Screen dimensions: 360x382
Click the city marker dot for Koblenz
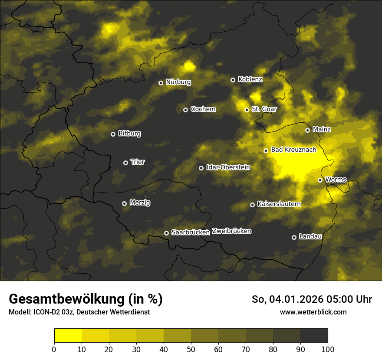233,80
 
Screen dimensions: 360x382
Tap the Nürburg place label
178,82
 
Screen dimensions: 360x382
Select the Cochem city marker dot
185,110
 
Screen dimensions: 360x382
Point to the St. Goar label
264,109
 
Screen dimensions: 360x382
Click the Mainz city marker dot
307,130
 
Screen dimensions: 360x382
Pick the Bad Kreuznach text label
293,150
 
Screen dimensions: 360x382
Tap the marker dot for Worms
320,180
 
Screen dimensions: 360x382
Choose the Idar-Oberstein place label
228,167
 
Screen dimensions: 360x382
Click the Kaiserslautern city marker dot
252,205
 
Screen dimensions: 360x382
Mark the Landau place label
310,237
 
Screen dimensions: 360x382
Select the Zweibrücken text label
231,231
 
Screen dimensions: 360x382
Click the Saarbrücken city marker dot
166,233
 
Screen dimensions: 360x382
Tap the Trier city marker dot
125,163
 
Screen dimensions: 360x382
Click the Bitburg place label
129,134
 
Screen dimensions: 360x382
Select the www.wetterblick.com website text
313,312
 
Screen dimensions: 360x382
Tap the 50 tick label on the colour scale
191,349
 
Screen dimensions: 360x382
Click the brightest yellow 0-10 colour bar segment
68,336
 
